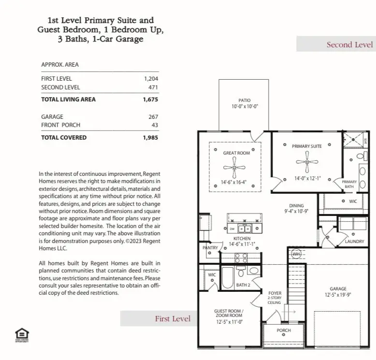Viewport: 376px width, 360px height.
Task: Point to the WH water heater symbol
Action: tap(295, 254)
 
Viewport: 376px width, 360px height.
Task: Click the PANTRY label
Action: tap(211, 247)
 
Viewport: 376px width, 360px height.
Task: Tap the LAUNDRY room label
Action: tap(354, 241)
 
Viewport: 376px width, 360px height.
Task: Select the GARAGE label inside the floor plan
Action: tap(338, 288)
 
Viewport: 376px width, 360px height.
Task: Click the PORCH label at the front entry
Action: tap(284, 331)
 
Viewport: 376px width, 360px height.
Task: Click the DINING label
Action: tap(296, 206)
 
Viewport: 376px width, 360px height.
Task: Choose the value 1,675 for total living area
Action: tap(150, 100)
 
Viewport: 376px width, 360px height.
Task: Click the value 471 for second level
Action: tap(153, 87)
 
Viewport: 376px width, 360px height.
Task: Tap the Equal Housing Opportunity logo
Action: tap(21, 333)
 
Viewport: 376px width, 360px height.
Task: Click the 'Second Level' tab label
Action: tap(349, 44)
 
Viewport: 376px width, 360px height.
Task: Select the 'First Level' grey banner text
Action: tap(173, 318)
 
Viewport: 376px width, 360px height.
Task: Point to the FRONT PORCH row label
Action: tap(60, 125)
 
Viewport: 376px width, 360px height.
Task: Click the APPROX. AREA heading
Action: tap(60, 65)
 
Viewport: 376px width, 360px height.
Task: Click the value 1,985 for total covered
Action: tap(150, 137)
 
